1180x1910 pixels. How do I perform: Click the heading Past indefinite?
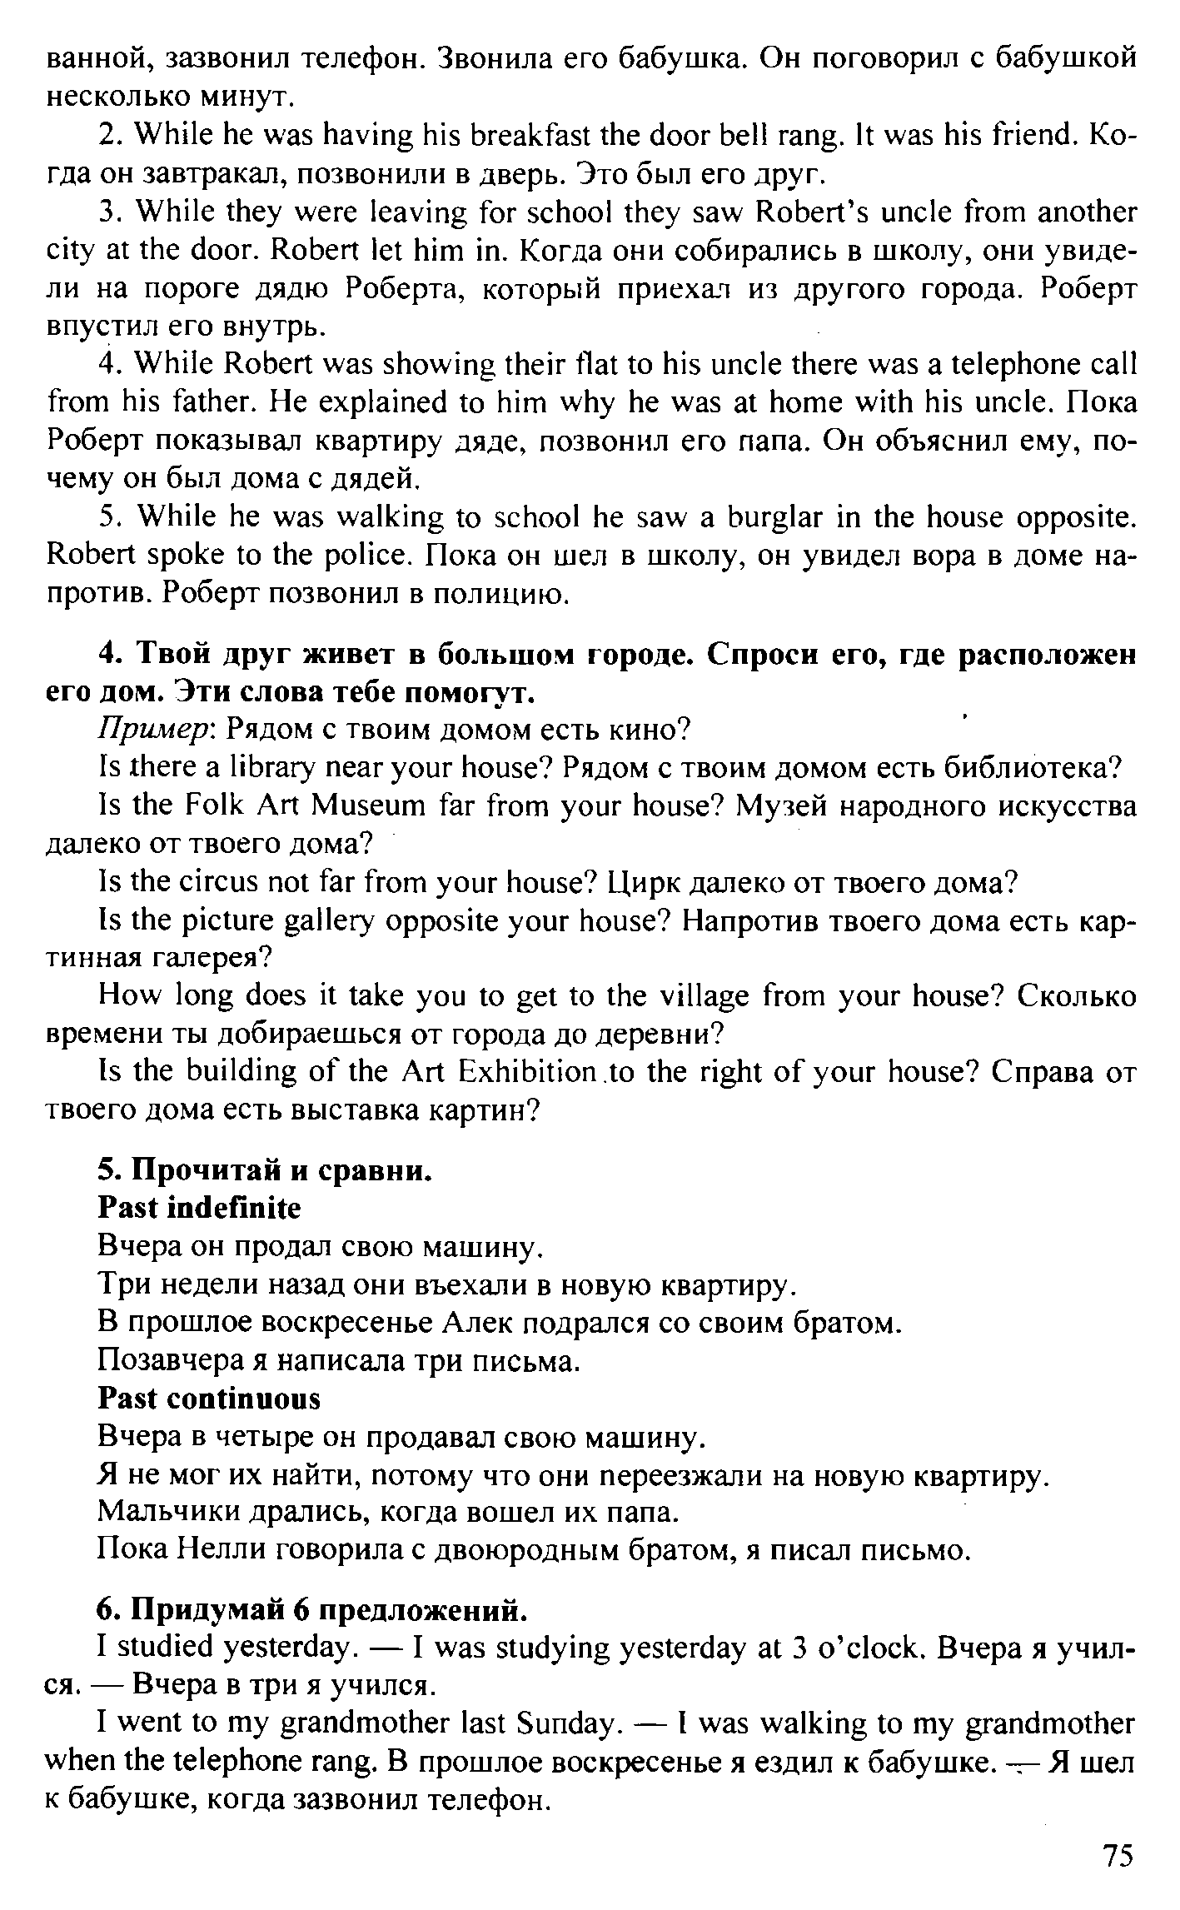pos(200,1208)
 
